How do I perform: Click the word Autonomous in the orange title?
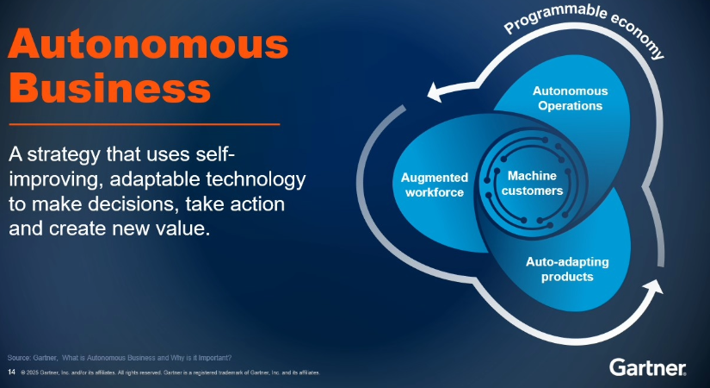(148, 44)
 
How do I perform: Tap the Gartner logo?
(647, 367)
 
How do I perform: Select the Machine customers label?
(532, 183)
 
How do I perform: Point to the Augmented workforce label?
(435, 185)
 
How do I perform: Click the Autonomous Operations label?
(570, 98)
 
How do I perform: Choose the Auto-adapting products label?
(567, 269)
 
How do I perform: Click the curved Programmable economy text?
(584, 28)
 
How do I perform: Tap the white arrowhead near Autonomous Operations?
(436, 92)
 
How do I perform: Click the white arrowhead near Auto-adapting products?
(652, 287)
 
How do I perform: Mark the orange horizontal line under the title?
(145, 124)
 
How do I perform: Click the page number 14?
(11, 372)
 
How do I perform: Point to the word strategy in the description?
(64, 155)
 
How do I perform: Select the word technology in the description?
(256, 178)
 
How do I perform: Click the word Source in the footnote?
(19, 358)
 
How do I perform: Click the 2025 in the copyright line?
(32, 372)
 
